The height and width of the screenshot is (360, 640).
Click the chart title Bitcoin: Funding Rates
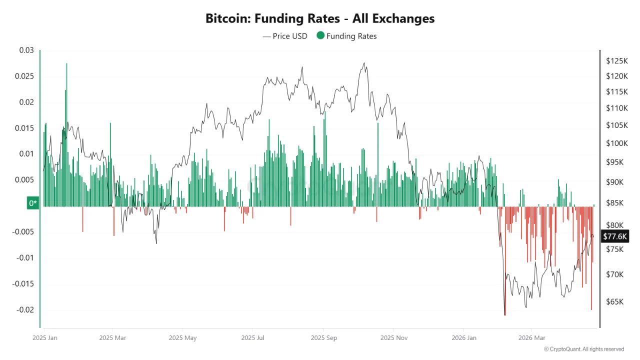coord(320,18)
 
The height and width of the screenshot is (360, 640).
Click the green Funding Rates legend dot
coord(320,35)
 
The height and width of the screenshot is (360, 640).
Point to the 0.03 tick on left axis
coord(26,50)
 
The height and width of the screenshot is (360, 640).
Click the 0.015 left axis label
coord(24,128)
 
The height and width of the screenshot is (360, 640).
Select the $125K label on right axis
coord(616,61)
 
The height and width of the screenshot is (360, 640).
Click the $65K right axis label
coord(614,302)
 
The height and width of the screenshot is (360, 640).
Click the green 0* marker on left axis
coord(33,203)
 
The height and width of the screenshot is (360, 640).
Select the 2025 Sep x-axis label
coord(323,337)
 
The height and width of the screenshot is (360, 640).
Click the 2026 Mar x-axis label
coord(532,337)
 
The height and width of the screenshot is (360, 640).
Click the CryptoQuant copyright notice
coord(583,349)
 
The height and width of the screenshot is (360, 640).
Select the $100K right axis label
coord(616,143)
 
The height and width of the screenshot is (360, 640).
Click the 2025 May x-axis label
coord(182,337)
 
